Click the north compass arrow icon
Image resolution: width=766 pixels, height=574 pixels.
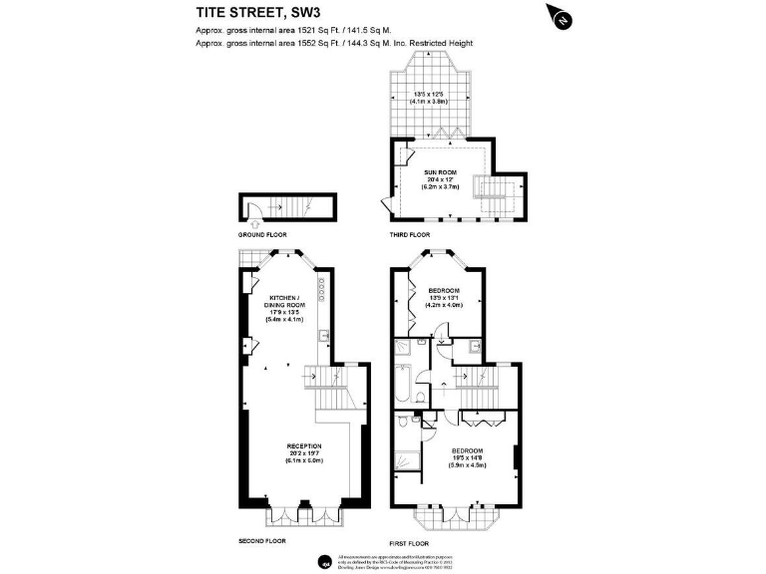coord(562,16)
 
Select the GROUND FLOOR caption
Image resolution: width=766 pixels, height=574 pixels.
coord(262,234)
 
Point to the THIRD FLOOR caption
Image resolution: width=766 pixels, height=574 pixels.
coord(410,234)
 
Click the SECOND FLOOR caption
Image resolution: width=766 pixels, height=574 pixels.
coord(262,540)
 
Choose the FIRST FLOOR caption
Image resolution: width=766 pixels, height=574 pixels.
coord(410,545)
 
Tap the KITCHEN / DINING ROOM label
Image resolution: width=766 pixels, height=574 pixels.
coord(283,303)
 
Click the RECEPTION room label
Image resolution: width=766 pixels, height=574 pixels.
coord(304,445)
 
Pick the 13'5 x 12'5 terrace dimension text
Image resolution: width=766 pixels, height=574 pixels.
coord(431,95)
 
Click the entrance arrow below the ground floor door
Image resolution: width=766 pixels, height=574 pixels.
coord(254,226)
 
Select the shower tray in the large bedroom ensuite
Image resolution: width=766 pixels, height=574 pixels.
coord(406,460)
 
